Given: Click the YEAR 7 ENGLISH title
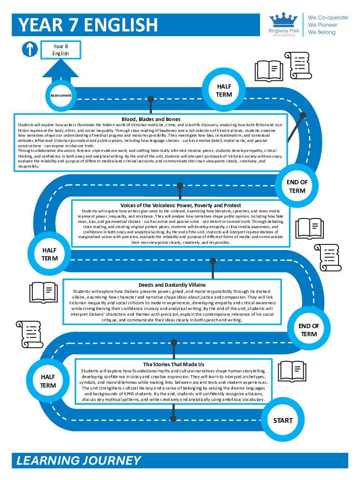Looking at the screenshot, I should pyautogui.click(x=88, y=25).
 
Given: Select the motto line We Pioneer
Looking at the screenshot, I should pyautogui.click(x=321, y=24).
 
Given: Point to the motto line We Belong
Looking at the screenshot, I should pyautogui.click(x=321, y=32).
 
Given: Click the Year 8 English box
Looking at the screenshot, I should pyautogui.click(x=61, y=50).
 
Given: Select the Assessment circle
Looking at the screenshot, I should pyautogui.click(x=60, y=95).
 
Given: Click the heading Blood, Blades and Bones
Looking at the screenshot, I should pyautogui.click(x=150, y=119).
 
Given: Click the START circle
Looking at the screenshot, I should pyautogui.click(x=282, y=420).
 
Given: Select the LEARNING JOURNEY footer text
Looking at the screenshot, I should pyautogui.click(x=79, y=460).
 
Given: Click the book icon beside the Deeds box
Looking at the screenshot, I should pyautogui.click(x=44, y=291).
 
